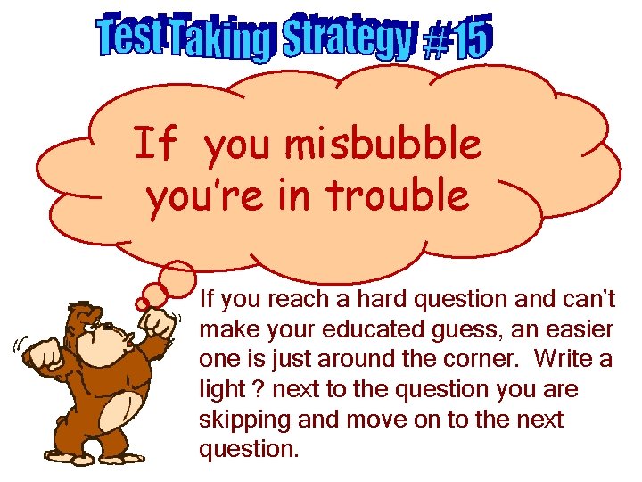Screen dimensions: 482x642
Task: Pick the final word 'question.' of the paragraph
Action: (x=250, y=449)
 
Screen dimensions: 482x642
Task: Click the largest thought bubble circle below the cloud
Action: (x=178, y=276)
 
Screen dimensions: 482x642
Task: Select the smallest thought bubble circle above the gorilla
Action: (x=142, y=304)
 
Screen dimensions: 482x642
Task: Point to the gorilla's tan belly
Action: (x=125, y=411)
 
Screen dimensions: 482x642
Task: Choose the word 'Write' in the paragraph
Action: (x=564, y=360)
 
